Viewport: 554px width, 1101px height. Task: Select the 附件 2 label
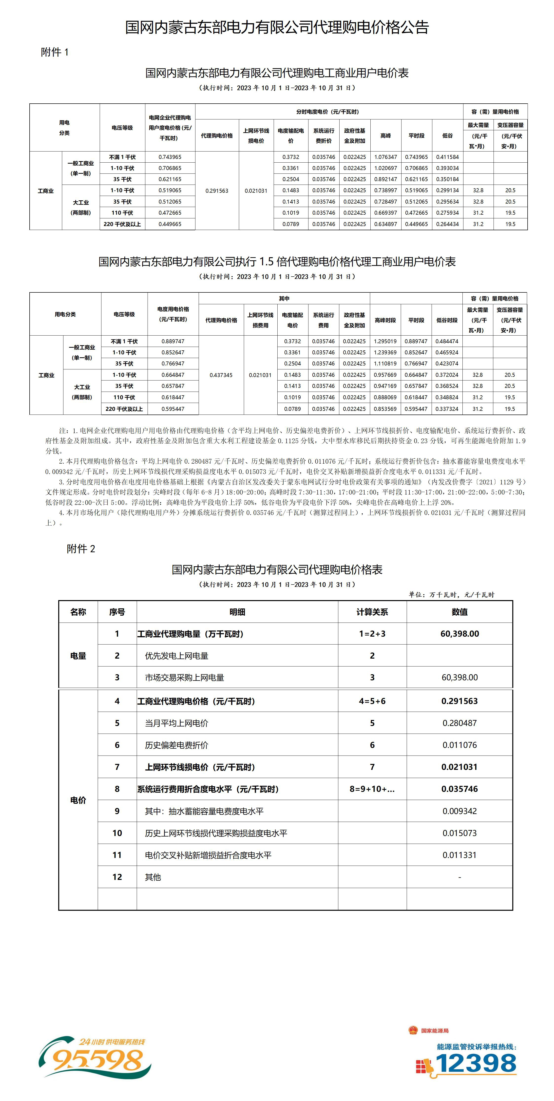pyautogui.click(x=81, y=549)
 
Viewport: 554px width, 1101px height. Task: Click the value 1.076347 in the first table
pyautogui.click(x=385, y=157)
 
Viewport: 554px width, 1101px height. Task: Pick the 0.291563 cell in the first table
pyautogui.click(x=217, y=191)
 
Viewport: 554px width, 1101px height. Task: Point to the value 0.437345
pyautogui.click(x=221, y=375)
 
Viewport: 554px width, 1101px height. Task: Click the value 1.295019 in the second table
pyautogui.click(x=385, y=341)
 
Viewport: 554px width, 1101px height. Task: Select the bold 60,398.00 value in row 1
pyautogui.click(x=459, y=633)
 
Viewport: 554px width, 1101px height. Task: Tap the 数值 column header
pyautogui.click(x=459, y=612)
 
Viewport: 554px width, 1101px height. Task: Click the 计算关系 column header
pyautogui.click(x=372, y=612)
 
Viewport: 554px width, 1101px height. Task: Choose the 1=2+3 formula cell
pyautogui.click(x=372, y=633)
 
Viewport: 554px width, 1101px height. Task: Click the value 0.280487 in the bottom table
pyautogui.click(x=459, y=723)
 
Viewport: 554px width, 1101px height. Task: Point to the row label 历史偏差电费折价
pyautogui.click(x=176, y=745)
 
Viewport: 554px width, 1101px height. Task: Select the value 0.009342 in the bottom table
pyautogui.click(x=459, y=811)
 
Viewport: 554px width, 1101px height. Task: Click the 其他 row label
pyautogui.click(x=153, y=877)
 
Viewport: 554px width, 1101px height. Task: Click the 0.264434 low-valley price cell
pyautogui.click(x=447, y=224)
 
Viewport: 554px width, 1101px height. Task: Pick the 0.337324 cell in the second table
pyautogui.click(x=447, y=409)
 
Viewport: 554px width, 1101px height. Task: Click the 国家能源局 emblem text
pyautogui.click(x=434, y=1030)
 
